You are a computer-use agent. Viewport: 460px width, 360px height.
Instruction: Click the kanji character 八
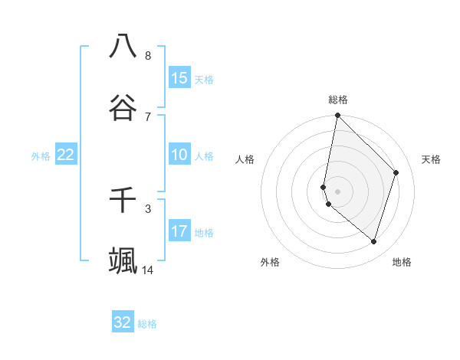123,46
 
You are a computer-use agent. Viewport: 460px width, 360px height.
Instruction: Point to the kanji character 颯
123,260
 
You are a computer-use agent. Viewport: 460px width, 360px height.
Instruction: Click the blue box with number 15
179,77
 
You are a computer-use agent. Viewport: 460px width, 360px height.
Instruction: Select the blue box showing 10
179,155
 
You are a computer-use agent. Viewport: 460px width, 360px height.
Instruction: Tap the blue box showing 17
179,231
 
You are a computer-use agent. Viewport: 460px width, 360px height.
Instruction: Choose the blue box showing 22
66,155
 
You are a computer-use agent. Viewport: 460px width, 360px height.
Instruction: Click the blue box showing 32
123,322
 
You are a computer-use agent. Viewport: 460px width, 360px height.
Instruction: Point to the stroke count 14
148,270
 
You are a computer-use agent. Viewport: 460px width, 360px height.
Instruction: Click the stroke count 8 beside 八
148,55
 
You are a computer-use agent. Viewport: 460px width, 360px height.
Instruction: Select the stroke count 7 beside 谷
148,116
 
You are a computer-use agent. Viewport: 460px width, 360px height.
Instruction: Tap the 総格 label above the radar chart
338,100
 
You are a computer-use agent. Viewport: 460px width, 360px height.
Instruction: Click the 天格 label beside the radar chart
432,159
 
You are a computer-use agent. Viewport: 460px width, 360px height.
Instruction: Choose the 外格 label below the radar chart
270,262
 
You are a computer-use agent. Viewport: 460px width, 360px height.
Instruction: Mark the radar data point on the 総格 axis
337,115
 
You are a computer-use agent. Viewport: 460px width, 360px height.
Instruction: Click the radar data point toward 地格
373,241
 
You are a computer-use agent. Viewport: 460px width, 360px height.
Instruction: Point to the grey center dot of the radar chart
337,191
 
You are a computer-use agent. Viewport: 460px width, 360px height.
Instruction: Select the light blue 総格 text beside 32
147,324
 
